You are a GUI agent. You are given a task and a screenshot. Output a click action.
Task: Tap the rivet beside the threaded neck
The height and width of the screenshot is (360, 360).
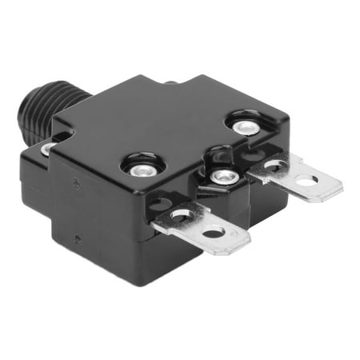click(x=49, y=147)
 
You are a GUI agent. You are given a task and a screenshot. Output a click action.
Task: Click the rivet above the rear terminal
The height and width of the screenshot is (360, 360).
click(x=239, y=123)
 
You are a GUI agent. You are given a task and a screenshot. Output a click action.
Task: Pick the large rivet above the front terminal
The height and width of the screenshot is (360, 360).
click(x=142, y=166)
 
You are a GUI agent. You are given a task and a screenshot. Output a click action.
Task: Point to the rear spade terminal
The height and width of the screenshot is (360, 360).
click(x=296, y=178)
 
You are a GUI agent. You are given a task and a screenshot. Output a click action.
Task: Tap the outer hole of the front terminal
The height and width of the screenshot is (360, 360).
click(x=214, y=232)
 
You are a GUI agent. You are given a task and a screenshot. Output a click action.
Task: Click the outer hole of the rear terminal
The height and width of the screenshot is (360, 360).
click(x=306, y=182)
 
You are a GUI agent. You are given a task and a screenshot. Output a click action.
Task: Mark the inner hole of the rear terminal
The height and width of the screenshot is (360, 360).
click(x=275, y=166)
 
